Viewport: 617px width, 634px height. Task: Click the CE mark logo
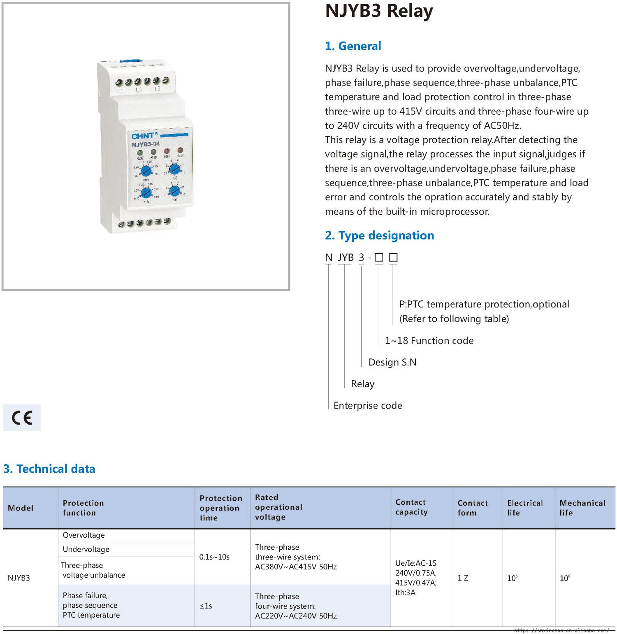pos(22,418)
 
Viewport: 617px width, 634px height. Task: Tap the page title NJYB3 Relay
pos(379,12)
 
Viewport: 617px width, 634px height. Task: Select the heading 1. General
pos(353,46)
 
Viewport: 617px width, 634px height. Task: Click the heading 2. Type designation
pos(379,235)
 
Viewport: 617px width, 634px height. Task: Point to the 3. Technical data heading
pos(49,469)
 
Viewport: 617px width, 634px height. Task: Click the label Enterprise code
pos(368,406)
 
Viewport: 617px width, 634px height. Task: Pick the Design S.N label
pos(392,362)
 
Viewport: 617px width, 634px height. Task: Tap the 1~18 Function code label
pos(429,341)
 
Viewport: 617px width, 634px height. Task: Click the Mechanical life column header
pos(582,508)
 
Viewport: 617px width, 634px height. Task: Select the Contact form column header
pos(473,508)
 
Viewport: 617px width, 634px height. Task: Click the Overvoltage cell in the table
pos(84,535)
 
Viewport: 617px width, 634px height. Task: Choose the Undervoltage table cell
pos(86,549)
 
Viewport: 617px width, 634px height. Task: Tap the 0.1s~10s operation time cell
pos(214,557)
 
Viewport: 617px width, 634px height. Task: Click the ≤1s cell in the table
pos(206,606)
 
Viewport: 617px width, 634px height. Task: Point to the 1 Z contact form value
pos(463,578)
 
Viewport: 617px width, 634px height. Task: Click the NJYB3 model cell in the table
pos(19,578)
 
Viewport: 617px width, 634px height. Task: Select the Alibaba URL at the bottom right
pos(561,630)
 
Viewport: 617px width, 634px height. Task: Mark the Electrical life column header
pos(525,508)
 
